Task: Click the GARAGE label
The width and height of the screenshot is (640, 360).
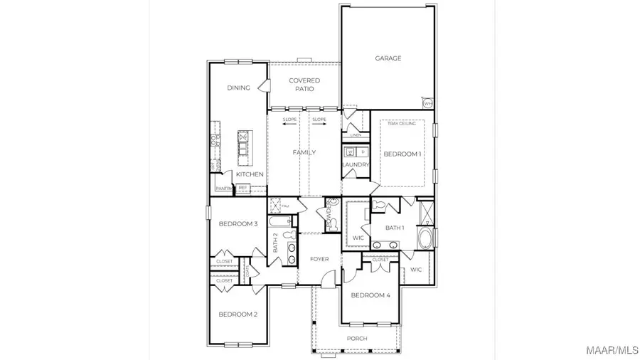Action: coord(388,58)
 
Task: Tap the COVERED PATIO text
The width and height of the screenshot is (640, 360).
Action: coord(304,85)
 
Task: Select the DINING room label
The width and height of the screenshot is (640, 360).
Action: coord(238,88)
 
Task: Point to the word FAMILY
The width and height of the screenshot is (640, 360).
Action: coord(304,152)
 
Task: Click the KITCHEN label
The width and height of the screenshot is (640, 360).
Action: coord(250,174)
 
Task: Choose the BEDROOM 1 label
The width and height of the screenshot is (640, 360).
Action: coord(402,154)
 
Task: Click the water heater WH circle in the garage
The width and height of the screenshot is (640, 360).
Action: coord(427,103)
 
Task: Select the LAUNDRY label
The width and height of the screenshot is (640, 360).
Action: coord(356,165)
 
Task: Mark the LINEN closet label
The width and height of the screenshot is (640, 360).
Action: coord(356,134)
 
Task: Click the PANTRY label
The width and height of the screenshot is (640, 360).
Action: coord(224,189)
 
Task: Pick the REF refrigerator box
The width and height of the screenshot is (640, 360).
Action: coord(242,189)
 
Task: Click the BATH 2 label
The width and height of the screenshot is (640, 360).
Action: coord(276,244)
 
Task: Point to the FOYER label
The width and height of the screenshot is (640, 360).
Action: coord(319,259)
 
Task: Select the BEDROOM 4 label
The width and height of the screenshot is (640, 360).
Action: coord(370,295)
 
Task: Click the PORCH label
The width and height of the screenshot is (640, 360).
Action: coord(357,339)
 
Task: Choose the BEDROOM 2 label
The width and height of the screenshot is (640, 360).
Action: coord(238,314)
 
